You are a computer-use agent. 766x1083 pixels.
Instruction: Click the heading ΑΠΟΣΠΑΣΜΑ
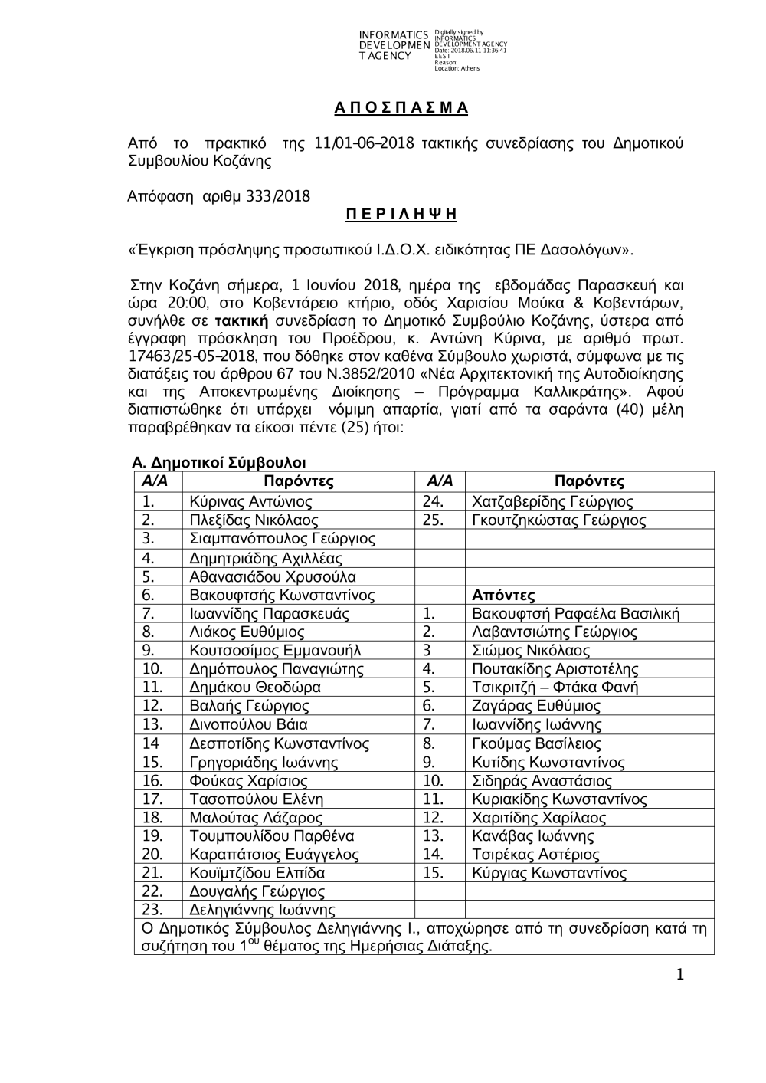pyautogui.click(x=401, y=107)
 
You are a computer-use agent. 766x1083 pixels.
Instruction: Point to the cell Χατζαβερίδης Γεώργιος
pyautogui.click(x=552, y=502)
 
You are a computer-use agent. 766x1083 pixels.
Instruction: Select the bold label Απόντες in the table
pyautogui.click(x=503, y=595)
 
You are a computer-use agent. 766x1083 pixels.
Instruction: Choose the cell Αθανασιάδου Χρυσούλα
pyautogui.click(x=272, y=576)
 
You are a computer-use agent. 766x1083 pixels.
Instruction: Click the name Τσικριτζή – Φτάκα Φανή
pyautogui.click(x=555, y=688)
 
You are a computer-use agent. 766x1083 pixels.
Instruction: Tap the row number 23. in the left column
pyautogui.click(x=153, y=910)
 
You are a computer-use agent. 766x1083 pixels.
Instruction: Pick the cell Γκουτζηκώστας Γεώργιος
pyautogui.click(x=558, y=520)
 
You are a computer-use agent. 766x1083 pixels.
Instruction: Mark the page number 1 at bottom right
pyautogui.click(x=679, y=974)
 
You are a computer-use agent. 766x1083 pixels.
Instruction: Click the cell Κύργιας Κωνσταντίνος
pyautogui.click(x=549, y=873)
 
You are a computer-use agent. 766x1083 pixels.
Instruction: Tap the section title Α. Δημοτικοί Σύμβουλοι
pyautogui.click(x=219, y=462)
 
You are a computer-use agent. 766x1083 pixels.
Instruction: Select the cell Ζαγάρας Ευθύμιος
pyautogui.click(x=536, y=706)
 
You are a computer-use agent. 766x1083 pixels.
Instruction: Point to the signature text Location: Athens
pyautogui.click(x=457, y=68)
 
